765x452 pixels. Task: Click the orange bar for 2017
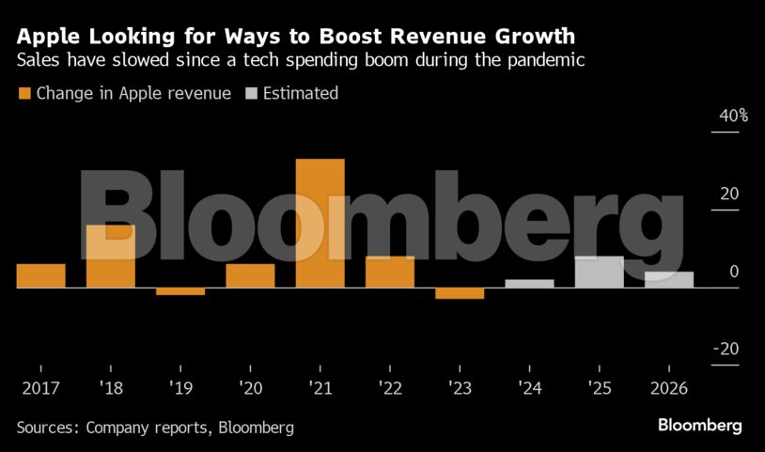pos(40,275)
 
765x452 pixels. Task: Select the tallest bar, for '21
pos(320,224)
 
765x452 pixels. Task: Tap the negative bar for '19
pos(180,291)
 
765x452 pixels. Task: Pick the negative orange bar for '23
pos(459,293)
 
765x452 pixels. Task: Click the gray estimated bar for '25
pos(599,272)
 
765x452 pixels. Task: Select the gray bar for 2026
pos(668,279)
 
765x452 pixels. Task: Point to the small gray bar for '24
pos(529,283)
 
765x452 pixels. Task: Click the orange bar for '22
pos(389,272)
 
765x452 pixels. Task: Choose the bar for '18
pos(111,256)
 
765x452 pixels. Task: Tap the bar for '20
pos(250,275)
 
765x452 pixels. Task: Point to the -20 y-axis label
pos(726,350)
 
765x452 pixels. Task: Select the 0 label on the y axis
pos(733,272)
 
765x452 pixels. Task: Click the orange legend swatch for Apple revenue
pos(23,93)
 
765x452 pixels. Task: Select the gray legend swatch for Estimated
pos(252,93)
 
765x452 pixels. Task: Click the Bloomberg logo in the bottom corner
pos(699,426)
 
